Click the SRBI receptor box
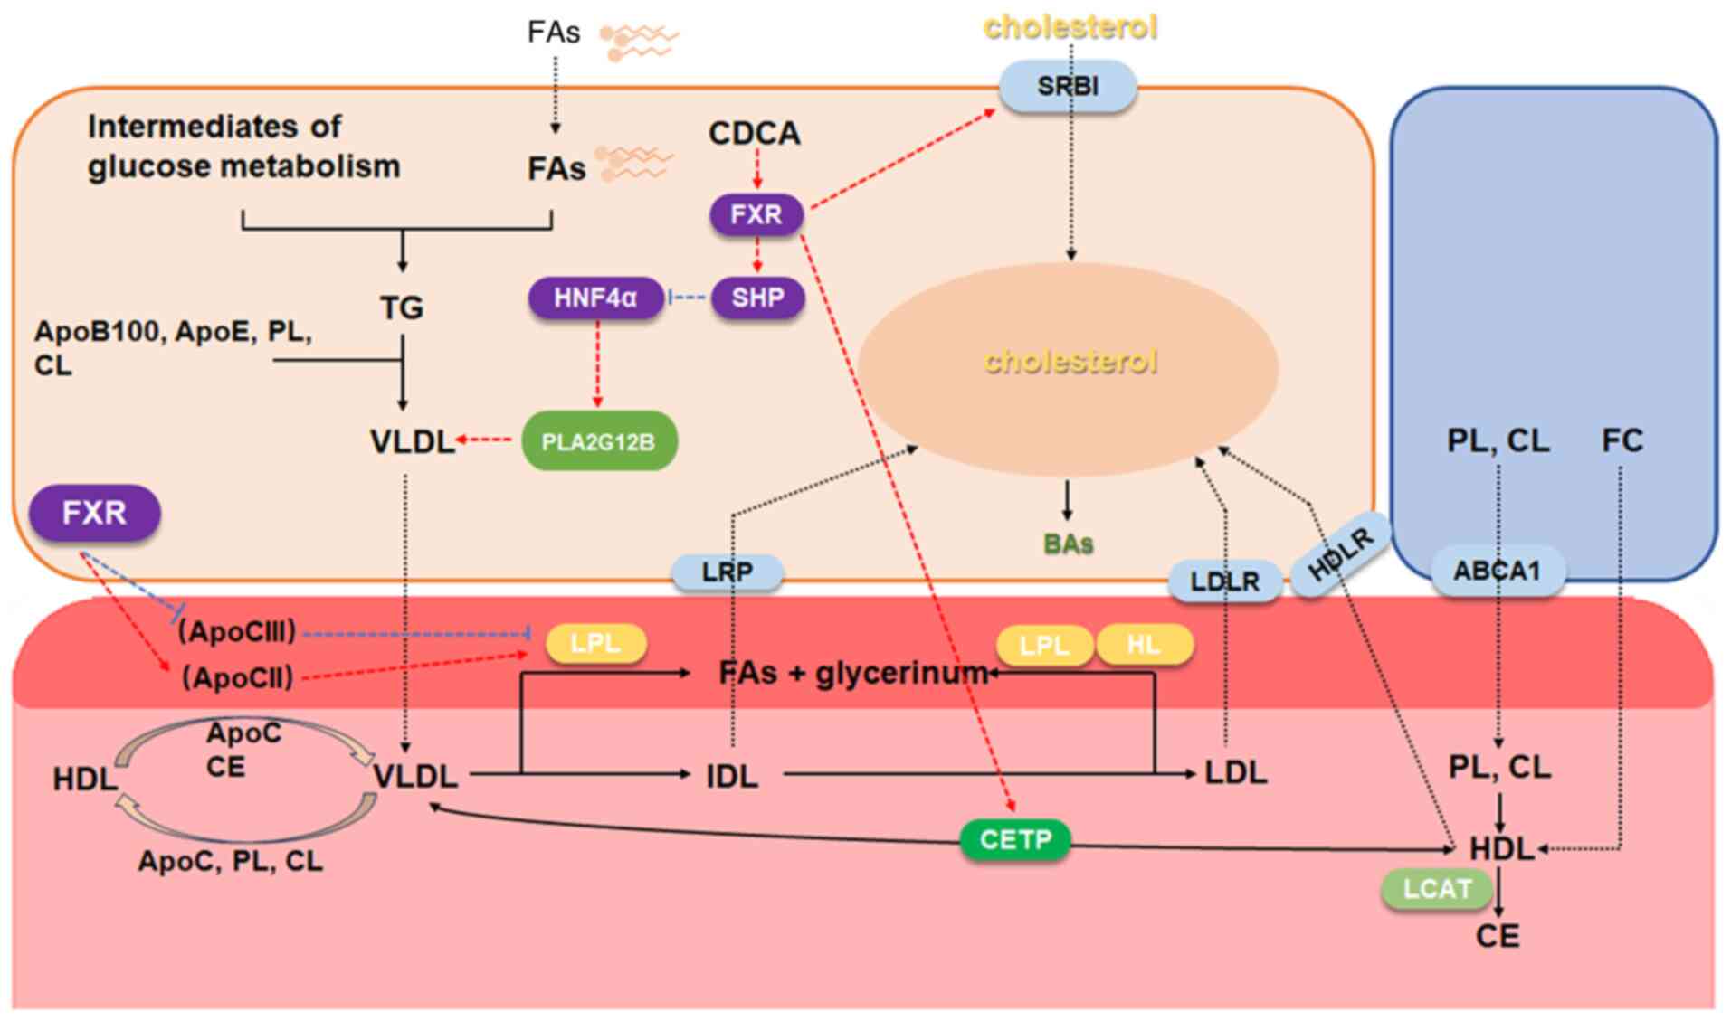point(1067,87)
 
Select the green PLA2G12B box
point(598,441)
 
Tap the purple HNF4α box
point(595,298)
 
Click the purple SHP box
point(757,298)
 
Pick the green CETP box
point(1015,840)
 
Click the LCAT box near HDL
point(1437,889)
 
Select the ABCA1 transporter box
point(1498,572)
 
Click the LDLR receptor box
point(1225,581)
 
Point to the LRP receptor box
point(728,572)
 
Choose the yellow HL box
point(1145,645)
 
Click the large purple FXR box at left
point(95,514)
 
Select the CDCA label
point(755,134)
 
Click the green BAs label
point(1069,544)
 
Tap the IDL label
point(732,776)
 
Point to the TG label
point(402,307)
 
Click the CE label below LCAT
point(1498,936)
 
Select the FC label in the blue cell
point(1622,440)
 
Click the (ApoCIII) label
point(237,631)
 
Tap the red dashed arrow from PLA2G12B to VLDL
point(487,440)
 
